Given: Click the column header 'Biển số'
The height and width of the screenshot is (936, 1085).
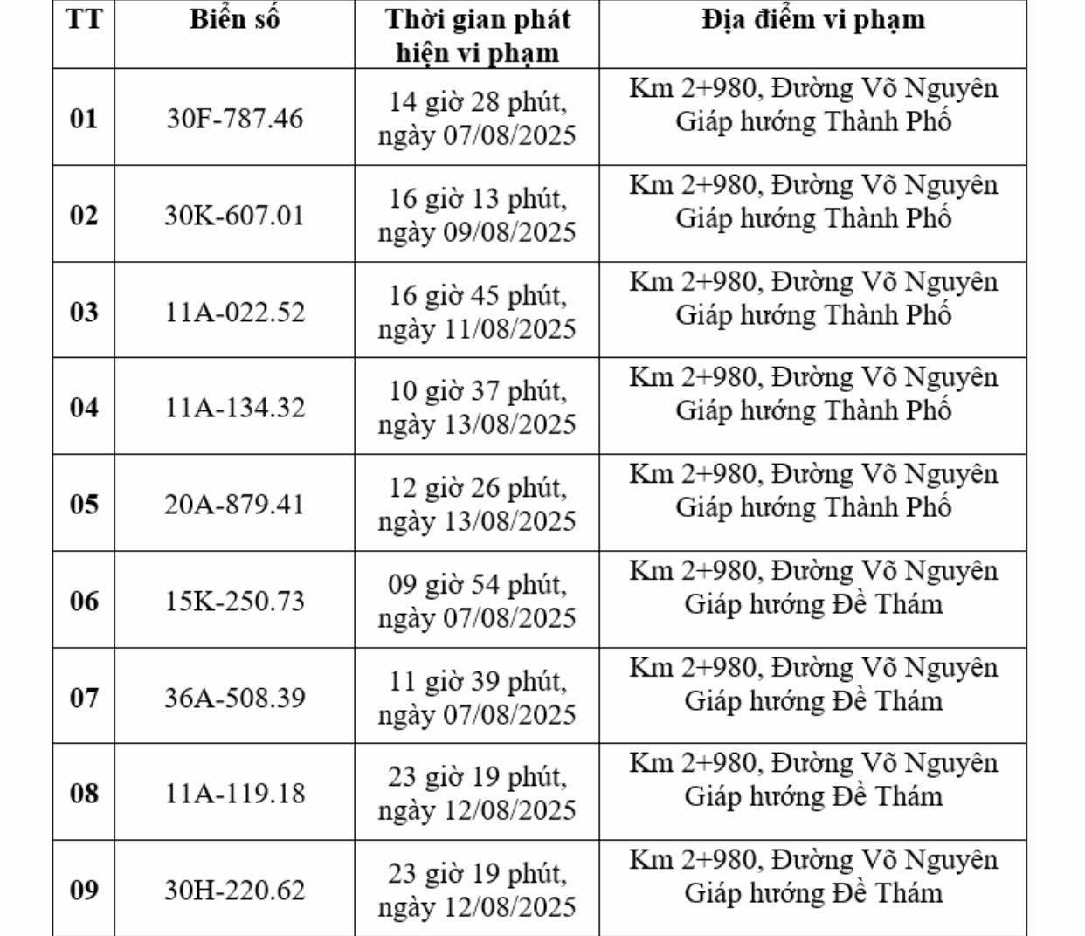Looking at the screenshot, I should (x=234, y=20).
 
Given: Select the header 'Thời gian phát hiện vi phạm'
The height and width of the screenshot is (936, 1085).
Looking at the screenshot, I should (x=477, y=36).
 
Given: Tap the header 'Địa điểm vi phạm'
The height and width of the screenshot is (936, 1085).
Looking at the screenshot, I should (x=812, y=20).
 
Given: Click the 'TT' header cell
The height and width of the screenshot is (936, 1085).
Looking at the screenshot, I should (x=84, y=20).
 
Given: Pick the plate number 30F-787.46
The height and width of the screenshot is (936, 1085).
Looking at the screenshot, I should (x=234, y=118).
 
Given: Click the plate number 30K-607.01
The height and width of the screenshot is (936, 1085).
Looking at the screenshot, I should (x=234, y=215).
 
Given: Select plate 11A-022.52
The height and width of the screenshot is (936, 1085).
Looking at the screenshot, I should (x=235, y=312).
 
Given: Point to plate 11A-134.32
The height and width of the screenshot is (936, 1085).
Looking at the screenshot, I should (x=235, y=407).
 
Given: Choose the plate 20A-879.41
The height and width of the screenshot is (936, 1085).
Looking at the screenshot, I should (x=234, y=504).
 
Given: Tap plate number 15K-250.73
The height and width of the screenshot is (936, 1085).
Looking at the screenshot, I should (x=235, y=601).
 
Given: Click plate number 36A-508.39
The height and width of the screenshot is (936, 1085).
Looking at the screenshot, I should (x=235, y=698).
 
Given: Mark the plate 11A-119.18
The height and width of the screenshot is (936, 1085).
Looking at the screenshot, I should (x=235, y=793).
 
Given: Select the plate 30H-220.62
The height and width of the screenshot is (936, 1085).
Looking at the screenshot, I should (x=235, y=890).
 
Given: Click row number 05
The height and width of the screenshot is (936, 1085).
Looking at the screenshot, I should (x=84, y=504).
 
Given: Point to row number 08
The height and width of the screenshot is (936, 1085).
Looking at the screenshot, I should (x=84, y=793).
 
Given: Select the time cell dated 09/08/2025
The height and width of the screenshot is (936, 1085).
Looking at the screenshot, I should (x=477, y=215).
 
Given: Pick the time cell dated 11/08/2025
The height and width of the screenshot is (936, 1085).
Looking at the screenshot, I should (x=477, y=312).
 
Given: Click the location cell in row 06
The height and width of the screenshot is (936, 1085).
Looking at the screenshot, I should (x=812, y=587).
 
